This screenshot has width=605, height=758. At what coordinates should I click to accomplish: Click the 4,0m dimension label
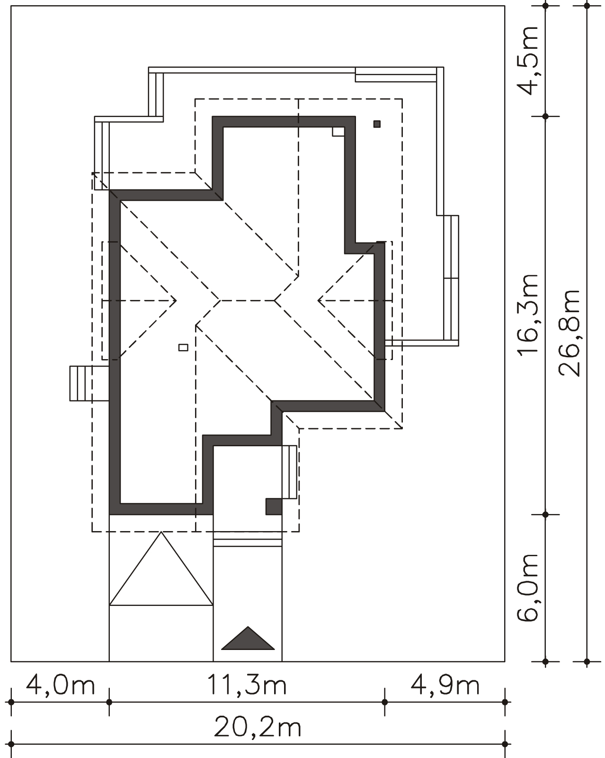(61, 686)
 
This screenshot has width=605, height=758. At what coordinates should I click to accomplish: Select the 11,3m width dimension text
(247, 686)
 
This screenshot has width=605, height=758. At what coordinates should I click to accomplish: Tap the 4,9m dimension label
(445, 686)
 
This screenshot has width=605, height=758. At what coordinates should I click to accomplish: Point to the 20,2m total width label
(258, 727)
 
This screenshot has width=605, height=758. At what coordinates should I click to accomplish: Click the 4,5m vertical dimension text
(528, 60)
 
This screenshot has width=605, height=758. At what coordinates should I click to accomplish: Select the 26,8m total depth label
(569, 333)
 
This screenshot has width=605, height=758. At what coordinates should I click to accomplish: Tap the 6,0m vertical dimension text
(528, 587)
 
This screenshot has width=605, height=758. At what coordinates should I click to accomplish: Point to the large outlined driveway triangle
(161, 568)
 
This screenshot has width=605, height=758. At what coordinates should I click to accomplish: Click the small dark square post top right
(377, 124)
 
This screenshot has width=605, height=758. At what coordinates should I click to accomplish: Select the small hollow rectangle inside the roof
(183, 347)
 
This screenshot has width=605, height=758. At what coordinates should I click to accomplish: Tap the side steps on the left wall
(89, 383)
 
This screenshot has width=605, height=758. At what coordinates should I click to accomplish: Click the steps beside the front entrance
(289, 472)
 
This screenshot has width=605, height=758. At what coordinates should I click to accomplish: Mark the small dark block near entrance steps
(274, 506)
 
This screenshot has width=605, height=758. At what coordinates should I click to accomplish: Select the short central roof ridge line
(247, 300)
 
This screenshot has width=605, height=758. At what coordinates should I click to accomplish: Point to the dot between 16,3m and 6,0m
(545, 514)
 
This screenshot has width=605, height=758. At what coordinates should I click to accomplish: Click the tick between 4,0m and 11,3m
(109, 702)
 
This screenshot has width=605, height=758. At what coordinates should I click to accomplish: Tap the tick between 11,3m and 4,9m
(384, 702)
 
